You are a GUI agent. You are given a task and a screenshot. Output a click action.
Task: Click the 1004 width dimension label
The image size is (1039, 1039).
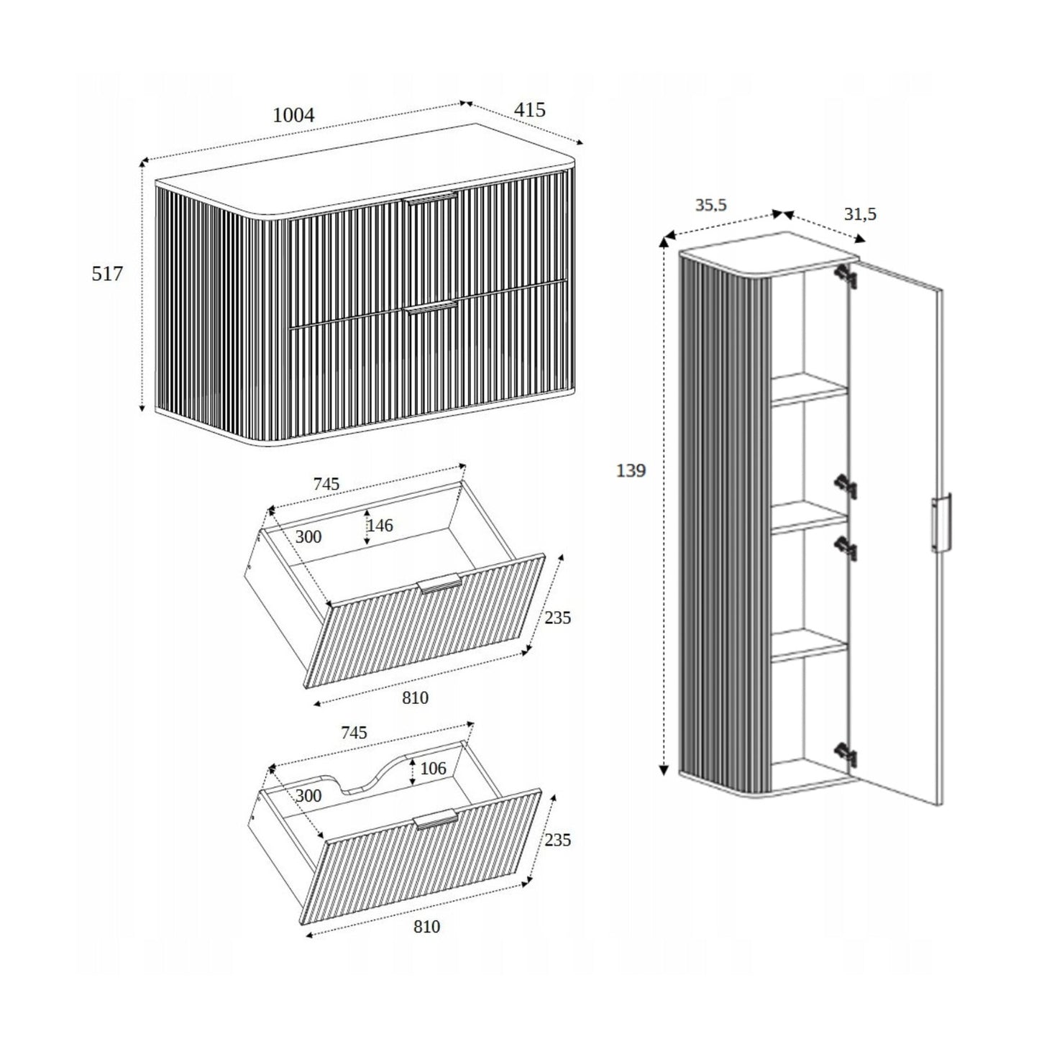point(294,115)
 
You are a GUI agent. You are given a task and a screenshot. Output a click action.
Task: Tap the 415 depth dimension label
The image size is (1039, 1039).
point(529,110)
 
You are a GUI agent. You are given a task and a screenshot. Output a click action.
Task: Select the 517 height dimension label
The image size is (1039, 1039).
point(107,274)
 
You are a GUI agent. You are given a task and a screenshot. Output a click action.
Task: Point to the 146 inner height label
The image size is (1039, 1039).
point(380,526)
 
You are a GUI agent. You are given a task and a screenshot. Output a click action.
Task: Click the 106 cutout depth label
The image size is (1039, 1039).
point(433,769)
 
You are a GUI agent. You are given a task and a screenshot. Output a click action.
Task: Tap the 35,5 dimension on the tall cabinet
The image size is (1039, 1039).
point(710,205)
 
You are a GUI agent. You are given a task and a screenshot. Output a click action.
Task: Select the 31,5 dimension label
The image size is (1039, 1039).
point(860,214)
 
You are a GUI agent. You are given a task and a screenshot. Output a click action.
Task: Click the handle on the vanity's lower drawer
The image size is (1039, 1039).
point(431,308)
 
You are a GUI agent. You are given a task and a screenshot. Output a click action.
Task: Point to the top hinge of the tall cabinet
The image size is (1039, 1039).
point(843,277)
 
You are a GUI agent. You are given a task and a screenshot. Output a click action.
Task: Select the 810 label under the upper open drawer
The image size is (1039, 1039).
point(415,697)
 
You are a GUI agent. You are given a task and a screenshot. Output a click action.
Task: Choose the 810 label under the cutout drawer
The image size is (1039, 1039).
point(426,927)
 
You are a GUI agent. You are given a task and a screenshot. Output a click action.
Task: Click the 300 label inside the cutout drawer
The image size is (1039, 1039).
point(308,796)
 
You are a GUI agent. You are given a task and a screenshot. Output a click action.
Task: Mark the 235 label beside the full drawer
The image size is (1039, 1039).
point(557,617)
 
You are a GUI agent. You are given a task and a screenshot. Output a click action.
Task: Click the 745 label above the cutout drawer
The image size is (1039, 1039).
point(353,733)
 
